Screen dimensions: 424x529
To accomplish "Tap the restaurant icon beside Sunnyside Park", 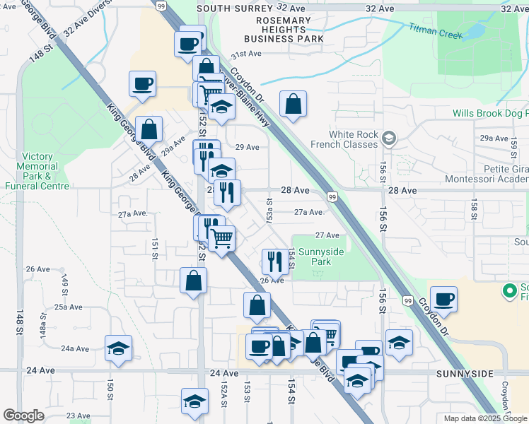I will coord(274,261).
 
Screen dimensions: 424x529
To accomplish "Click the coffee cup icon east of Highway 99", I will coord(444,299).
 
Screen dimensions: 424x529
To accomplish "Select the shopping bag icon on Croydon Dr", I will coord(293,105).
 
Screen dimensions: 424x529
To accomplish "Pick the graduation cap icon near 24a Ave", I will coord(118,348).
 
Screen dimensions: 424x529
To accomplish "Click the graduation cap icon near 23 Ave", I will coord(194,401).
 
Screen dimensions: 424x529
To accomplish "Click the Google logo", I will coord(23,416).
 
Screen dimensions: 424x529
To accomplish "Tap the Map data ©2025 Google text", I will coord(486,418).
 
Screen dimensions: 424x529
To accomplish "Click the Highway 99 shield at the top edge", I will coord(162,6).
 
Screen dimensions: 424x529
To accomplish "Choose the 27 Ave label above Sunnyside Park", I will coord(327,235).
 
